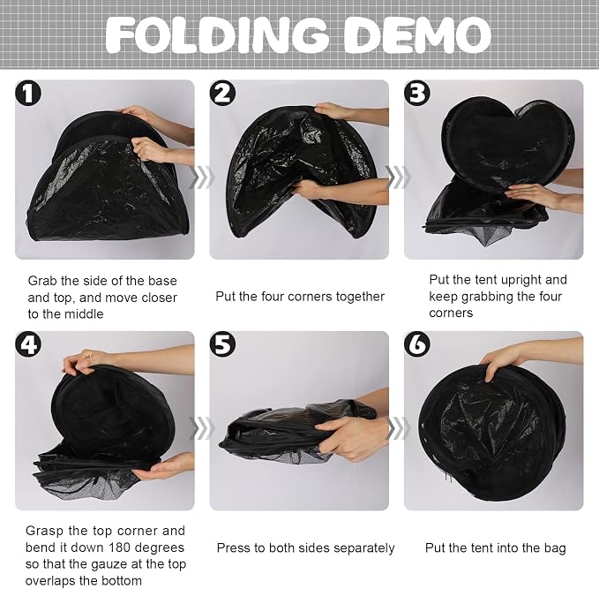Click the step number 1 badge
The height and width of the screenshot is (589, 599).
(x=28, y=93)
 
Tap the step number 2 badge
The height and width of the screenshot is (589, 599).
(x=222, y=93)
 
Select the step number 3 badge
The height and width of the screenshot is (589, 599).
(x=417, y=93)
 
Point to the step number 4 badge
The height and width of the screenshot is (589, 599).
(x=28, y=344)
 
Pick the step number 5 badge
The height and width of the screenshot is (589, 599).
(x=222, y=344)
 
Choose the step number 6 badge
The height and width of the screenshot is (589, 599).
(x=417, y=344)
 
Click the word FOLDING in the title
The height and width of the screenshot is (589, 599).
(x=217, y=35)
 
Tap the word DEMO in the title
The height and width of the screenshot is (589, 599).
(x=417, y=35)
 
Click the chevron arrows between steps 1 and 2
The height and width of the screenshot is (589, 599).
(x=202, y=177)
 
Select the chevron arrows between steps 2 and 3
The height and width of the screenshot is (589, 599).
(x=397, y=177)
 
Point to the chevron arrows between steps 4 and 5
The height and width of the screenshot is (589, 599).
(x=202, y=428)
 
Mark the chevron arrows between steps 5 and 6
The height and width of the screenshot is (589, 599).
(x=397, y=428)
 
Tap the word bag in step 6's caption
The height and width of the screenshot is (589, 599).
(x=555, y=548)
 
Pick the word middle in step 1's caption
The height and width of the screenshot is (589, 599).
(x=85, y=314)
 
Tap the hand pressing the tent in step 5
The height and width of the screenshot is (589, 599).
(x=348, y=437)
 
